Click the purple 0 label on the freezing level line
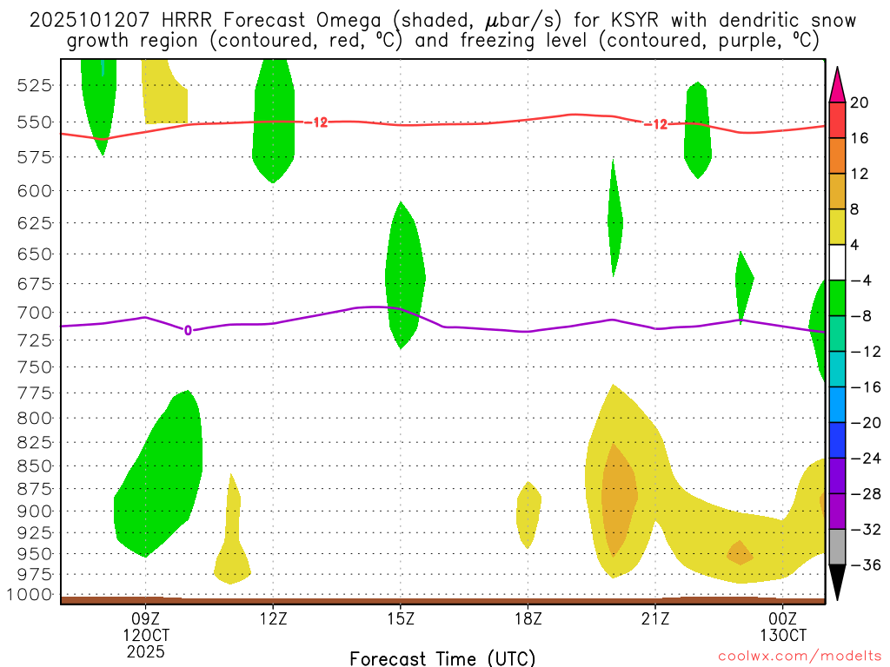(x=188, y=330)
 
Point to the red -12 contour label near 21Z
(x=655, y=124)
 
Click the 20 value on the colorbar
(x=860, y=102)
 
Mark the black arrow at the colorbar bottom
(x=837, y=582)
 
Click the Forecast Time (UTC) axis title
(x=442, y=657)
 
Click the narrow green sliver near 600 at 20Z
(x=614, y=217)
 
